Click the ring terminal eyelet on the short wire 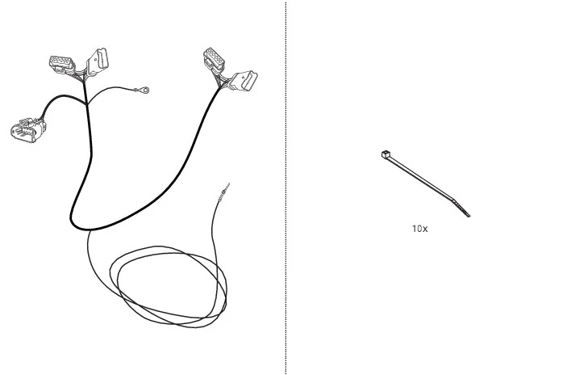pyautogui.click(x=145, y=90)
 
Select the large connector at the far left pyautogui.click(x=28, y=129)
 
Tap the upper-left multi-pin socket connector pyautogui.click(x=62, y=64)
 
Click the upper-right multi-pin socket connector pyautogui.click(x=214, y=60)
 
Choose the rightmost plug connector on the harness pyautogui.click(x=244, y=81)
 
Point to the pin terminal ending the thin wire pyautogui.click(x=224, y=192)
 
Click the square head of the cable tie pyautogui.click(x=386, y=154)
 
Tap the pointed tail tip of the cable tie pyautogui.click(x=469, y=216)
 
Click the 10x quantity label pyautogui.click(x=419, y=229)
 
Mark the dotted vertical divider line pyautogui.click(x=285, y=187)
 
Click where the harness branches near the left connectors pyautogui.click(x=86, y=103)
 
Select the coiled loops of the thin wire pyautogui.click(x=169, y=287)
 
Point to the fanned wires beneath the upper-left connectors pyautogui.click(x=81, y=77)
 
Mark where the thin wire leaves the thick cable pyautogui.click(x=90, y=230)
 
